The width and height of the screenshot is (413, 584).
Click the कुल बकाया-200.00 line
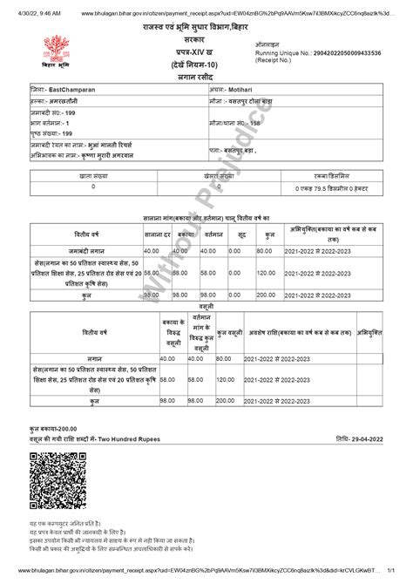[x=53, y=430]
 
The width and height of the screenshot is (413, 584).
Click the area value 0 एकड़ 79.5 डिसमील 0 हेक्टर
[x=329, y=187]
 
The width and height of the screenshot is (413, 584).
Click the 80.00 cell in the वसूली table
[x=225, y=359]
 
